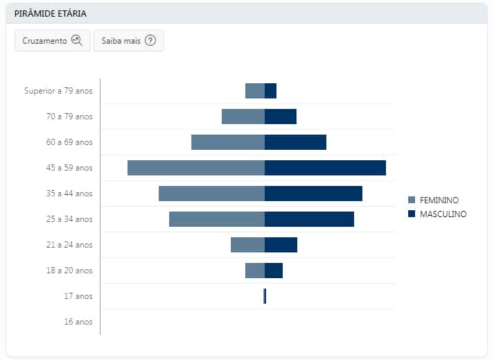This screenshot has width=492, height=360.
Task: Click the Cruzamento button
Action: pos(52,41)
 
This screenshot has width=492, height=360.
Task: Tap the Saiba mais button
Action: pos(128,41)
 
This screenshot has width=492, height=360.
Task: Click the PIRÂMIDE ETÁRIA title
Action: pos(51,13)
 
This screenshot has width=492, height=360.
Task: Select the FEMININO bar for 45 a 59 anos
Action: pos(196,168)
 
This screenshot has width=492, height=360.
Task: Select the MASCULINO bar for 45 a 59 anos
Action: pos(325,168)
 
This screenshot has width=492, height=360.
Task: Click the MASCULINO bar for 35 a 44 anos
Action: pos(313,194)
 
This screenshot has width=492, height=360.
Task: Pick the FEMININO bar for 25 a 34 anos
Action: pos(217,219)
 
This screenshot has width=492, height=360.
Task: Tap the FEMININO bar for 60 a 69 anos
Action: pos(228,142)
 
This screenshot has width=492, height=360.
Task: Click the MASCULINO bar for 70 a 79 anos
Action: pos(281,117)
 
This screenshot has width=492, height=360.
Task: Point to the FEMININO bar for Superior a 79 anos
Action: pos(255,91)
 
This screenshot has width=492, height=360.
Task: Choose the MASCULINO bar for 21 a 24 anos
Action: pos(281,245)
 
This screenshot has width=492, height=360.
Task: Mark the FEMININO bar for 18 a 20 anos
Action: pos(255,271)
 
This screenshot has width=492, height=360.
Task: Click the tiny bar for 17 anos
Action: pos(265,296)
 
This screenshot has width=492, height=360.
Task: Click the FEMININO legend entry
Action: pos(439,200)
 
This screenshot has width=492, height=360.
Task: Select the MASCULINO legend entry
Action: pos(443,214)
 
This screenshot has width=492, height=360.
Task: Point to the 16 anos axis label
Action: pos(78,322)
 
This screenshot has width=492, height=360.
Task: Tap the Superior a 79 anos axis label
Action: pos(58,91)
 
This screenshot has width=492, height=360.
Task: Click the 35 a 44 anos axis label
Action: pos(69,194)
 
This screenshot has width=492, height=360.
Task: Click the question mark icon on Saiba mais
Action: pos(150,41)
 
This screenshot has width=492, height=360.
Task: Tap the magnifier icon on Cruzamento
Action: pos(77,41)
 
